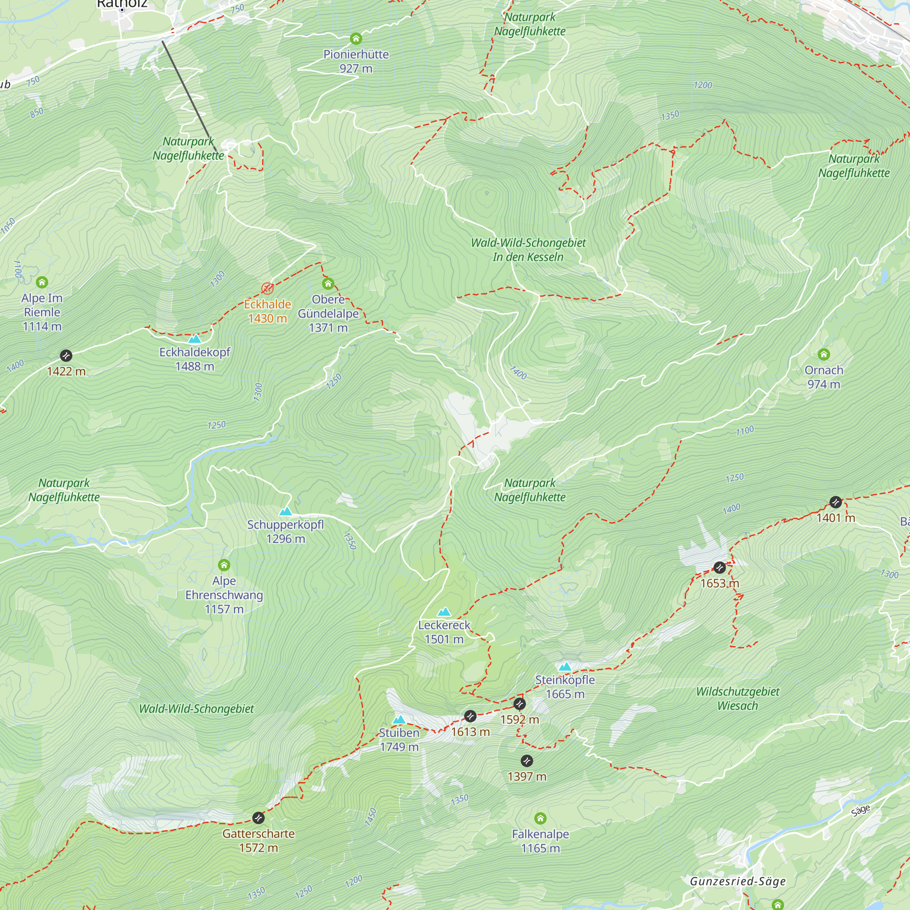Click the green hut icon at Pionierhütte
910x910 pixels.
[x=356, y=39]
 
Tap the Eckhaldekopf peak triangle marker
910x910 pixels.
[x=195, y=339]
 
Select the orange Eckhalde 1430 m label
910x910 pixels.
[x=268, y=311]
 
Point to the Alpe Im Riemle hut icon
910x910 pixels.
[x=42, y=282]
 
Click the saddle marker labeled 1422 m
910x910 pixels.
[x=66, y=355]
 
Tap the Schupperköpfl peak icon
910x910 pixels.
[x=285, y=511]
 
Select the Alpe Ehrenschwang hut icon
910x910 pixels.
[x=224, y=565]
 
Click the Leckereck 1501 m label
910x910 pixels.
[x=444, y=632]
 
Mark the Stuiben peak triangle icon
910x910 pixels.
[x=399, y=720]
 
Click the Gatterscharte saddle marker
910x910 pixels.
[x=258, y=818]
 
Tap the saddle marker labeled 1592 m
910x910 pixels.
[x=520, y=704]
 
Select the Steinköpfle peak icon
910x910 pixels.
[x=565, y=667]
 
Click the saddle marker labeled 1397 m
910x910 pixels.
[x=526, y=761]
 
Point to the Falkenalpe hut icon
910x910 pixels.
[x=540, y=819]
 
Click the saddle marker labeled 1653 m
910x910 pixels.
[x=719, y=567]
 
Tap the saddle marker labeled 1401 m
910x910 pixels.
[x=835, y=502]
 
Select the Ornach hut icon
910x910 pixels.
[x=824, y=354]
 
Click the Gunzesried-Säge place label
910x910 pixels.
[x=738, y=881]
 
